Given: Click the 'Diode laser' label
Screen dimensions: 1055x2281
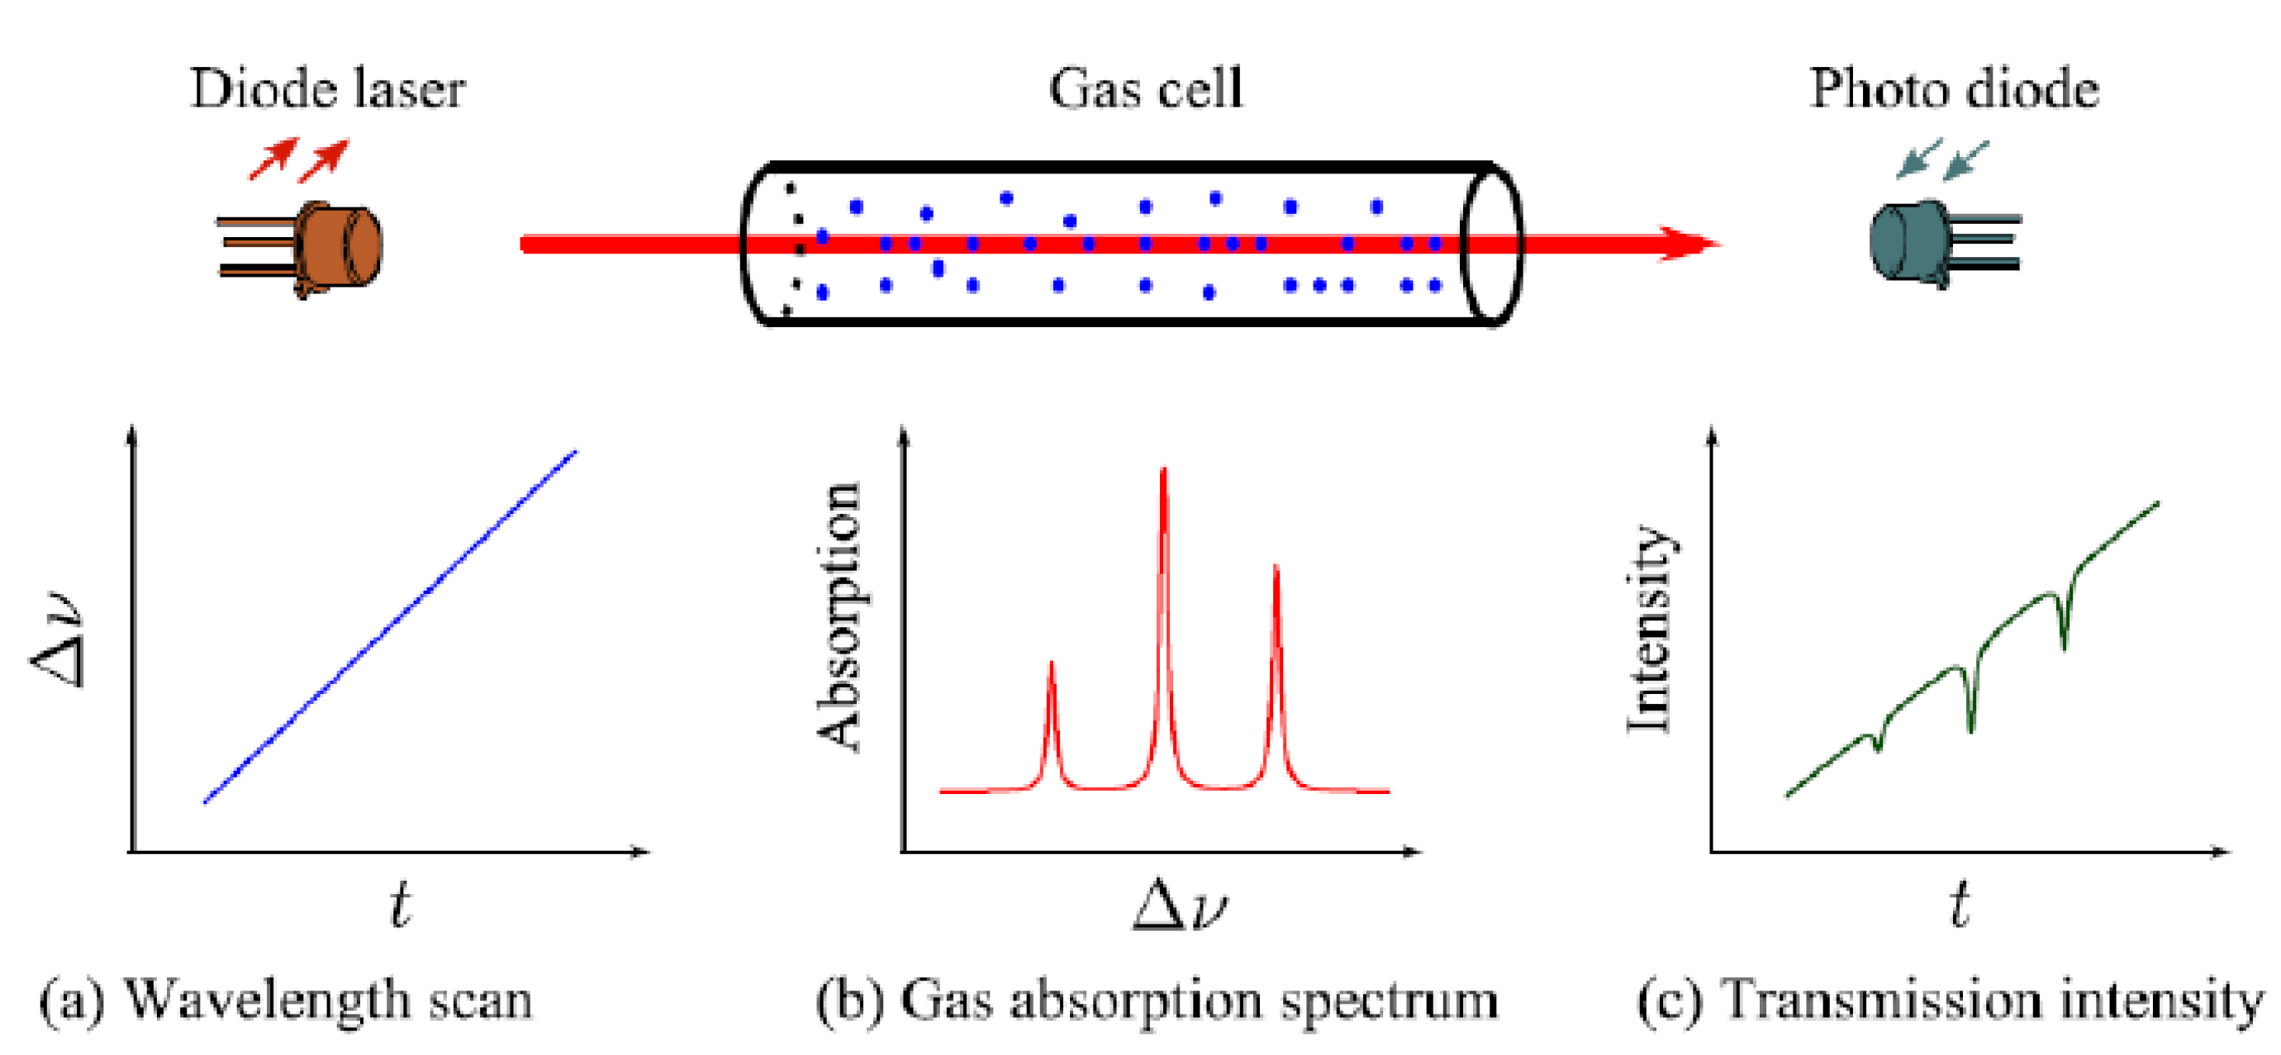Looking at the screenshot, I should click(x=328, y=88).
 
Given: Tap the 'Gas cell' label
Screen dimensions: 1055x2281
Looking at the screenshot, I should click(x=1146, y=88).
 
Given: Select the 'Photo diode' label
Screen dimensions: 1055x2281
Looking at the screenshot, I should click(x=1953, y=88).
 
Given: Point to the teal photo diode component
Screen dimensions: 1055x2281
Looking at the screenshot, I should click(x=1913, y=242).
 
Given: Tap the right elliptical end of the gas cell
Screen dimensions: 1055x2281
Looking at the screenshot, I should click(x=1490, y=245).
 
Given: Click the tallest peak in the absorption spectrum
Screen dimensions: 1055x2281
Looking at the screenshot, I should click(x=1163, y=474).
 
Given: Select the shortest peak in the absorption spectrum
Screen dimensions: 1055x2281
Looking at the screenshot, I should click(x=1051, y=666).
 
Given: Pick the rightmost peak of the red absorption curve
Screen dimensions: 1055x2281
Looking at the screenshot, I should click(x=1276, y=569).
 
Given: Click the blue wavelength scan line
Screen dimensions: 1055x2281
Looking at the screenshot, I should click(x=390, y=627).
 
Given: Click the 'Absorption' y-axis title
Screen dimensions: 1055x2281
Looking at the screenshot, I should click(x=838, y=616).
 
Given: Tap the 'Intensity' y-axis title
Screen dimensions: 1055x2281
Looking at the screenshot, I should click(x=1648, y=629).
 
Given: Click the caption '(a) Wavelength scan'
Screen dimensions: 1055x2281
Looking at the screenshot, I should click(x=285, y=1001).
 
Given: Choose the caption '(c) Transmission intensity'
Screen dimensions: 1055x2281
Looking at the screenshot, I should click(x=1949, y=1001).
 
